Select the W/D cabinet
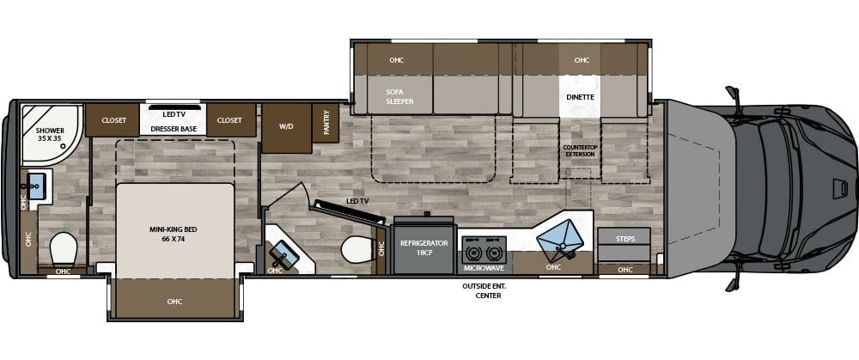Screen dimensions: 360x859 286,125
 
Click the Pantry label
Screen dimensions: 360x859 326,121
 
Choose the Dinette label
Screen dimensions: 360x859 581,97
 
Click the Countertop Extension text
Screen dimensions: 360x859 580,150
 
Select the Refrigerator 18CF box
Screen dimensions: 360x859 424,248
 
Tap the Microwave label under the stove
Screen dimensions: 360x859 483,266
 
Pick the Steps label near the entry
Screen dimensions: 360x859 625,238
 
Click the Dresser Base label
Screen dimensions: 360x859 175,128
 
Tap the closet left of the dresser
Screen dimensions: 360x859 114,120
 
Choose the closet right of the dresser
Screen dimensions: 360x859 230,120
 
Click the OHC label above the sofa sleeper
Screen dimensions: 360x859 396,60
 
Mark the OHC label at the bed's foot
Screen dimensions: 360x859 175,301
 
